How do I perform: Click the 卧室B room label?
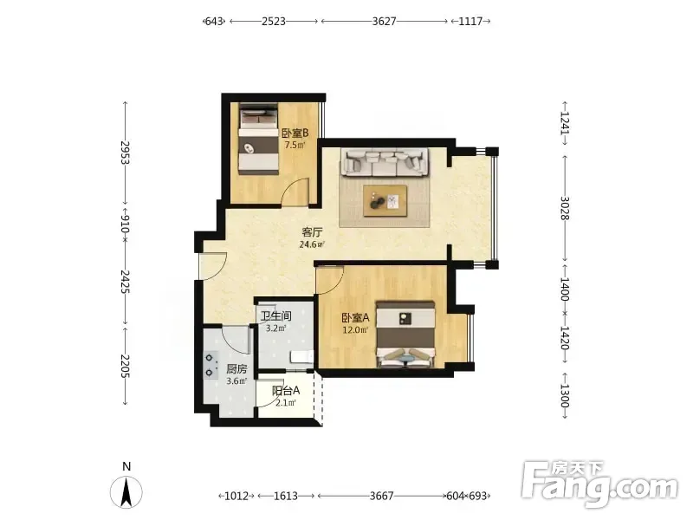(295, 133)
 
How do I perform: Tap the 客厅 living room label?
(312, 232)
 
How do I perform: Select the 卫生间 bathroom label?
(275, 316)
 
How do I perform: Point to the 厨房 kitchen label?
(236, 369)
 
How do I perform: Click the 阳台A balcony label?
(286, 391)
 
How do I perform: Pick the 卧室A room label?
(355, 318)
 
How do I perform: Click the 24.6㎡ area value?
(312, 244)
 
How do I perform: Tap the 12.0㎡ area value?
(355, 330)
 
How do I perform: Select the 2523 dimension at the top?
(274, 21)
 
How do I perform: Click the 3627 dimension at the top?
(384, 21)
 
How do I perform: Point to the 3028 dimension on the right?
(565, 208)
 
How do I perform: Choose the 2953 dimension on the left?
(125, 153)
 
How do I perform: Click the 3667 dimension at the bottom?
(381, 496)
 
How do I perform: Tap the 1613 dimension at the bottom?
(286, 496)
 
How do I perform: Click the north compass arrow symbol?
(126, 492)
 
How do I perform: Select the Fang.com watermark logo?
(599, 484)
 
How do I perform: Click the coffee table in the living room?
(385, 201)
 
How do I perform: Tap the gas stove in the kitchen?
(210, 365)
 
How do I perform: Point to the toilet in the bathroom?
(301, 357)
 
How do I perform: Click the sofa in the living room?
(385, 162)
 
